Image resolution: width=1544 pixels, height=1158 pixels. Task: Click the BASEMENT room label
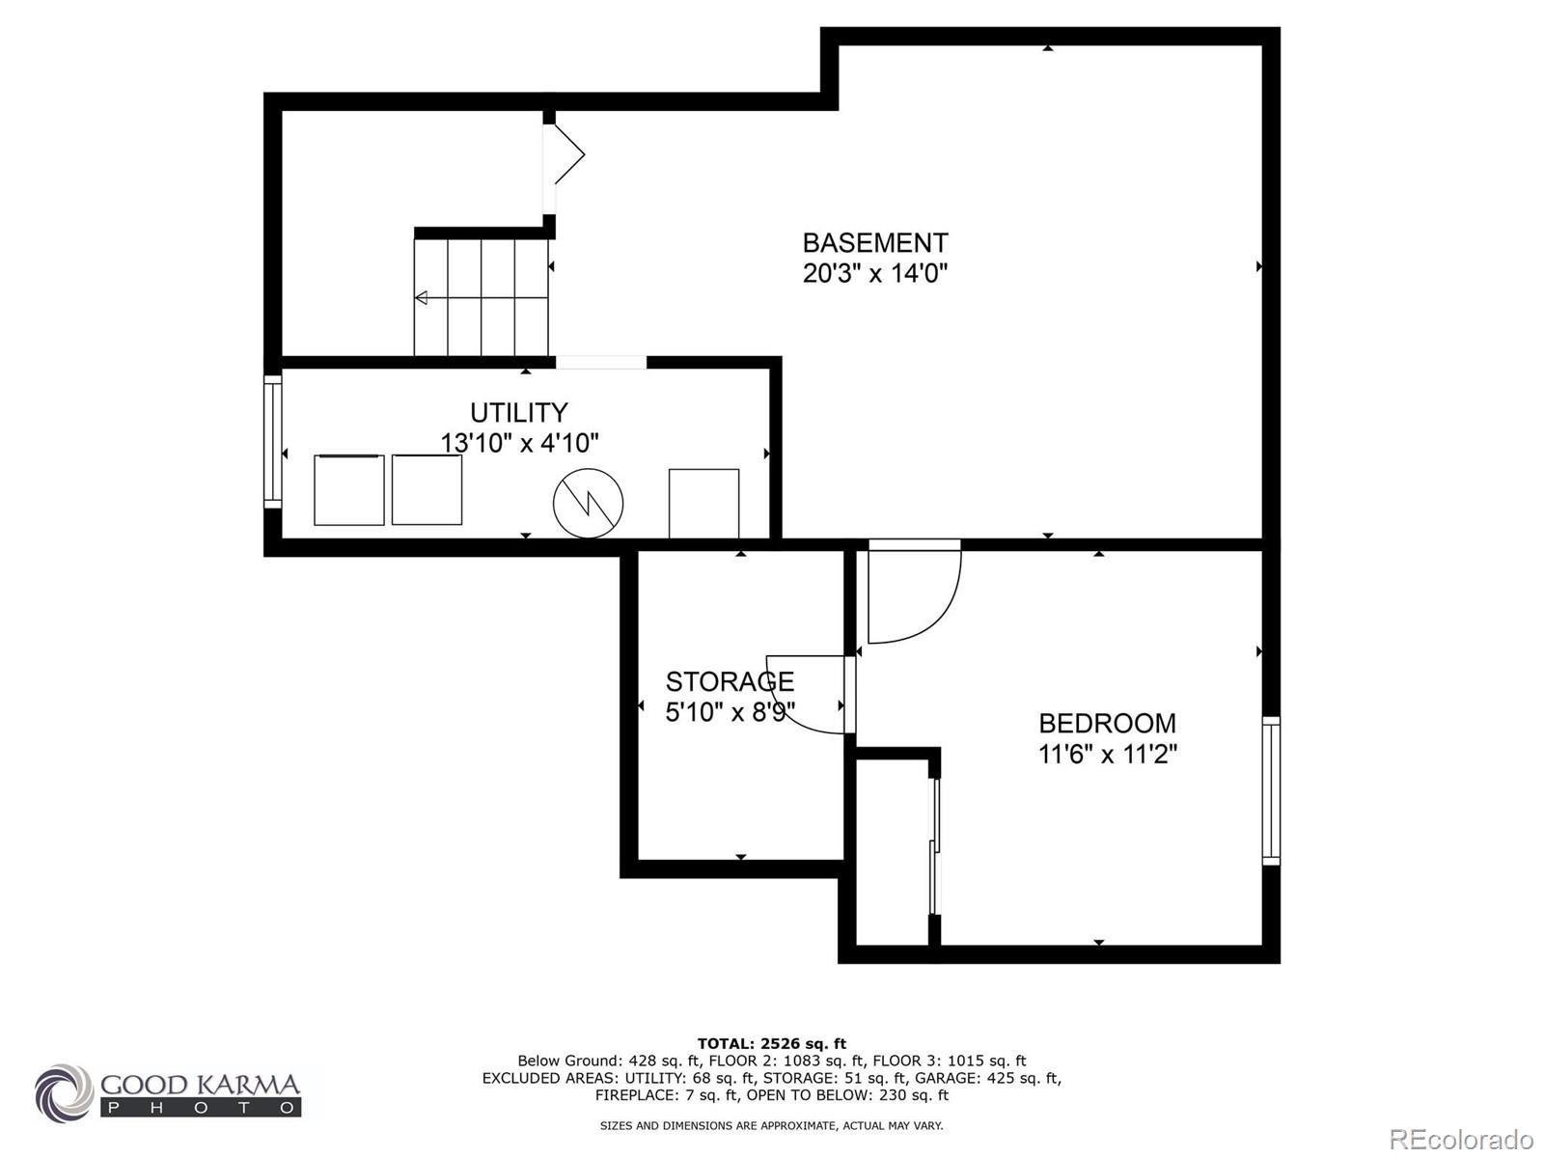click(x=875, y=242)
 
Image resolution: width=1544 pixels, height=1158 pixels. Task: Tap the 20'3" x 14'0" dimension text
click(x=875, y=273)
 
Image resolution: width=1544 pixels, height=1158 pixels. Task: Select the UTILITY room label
click(x=519, y=413)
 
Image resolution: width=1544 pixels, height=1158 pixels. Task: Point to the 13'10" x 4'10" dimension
click(x=519, y=444)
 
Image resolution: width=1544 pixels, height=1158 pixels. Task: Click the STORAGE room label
click(x=730, y=681)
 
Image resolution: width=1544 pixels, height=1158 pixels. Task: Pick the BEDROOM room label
click(x=1107, y=723)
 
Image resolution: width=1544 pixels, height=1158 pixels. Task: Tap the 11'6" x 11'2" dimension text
click(x=1107, y=754)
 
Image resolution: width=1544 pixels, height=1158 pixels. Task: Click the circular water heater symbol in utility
click(x=588, y=504)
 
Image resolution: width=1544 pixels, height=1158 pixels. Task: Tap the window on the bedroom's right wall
click(x=1271, y=790)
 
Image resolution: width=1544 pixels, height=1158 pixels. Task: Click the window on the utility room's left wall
click(x=273, y=442)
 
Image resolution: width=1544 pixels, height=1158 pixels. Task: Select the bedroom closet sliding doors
click(x=933, y=846)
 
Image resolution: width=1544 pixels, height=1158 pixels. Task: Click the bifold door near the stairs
click(x=566, y=154)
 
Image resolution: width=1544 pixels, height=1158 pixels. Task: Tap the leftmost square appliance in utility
click(x=348, y=490)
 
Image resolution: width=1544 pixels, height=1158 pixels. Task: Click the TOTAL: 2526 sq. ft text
click(x=771, y=1043)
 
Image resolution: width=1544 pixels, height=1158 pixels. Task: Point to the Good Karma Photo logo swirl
click(x=65, y=1093)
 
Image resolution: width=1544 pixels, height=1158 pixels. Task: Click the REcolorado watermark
click(x=1461, y=1140)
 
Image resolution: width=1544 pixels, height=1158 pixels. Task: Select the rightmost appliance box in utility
click(x=703, y=503)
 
